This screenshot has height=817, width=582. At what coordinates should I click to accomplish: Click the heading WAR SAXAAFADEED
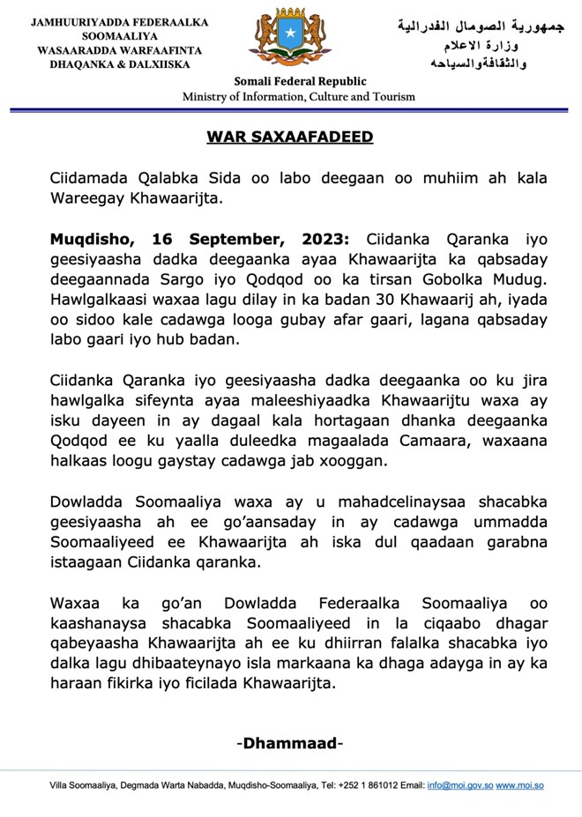pos(290,137)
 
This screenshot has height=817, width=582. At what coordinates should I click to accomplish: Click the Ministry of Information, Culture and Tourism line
pos(299,97)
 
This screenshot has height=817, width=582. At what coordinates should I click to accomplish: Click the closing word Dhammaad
pos(290,743)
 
